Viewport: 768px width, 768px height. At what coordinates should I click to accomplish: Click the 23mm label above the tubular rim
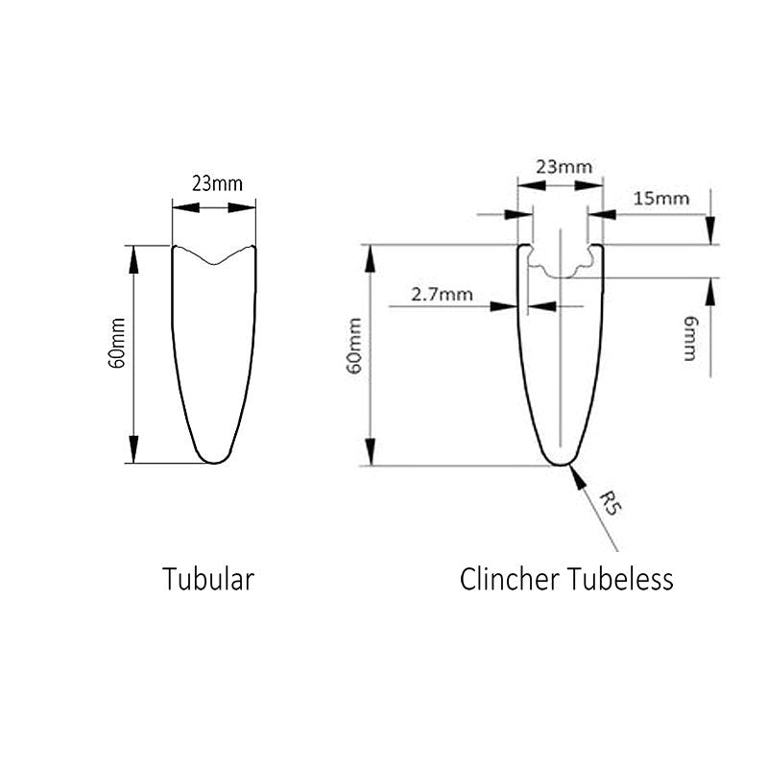click(216, 182)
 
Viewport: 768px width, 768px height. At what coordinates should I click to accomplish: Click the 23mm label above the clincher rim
click(564, 166)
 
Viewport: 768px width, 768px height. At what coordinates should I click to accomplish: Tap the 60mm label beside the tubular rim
click(116, 352)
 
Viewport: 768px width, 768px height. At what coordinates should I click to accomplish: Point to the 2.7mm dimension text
click(442, 294)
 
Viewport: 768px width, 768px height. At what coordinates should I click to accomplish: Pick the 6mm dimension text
click(689, 339)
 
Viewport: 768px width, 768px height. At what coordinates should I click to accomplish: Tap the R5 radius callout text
click(608, 502)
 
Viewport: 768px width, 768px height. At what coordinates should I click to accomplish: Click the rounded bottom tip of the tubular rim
click(214, 459)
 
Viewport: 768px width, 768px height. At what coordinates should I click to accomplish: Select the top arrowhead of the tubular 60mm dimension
click(134, 254)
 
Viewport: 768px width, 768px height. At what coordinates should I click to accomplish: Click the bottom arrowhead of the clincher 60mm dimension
click(369, 454)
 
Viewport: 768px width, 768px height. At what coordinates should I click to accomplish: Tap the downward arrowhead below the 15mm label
click(709, 232)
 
